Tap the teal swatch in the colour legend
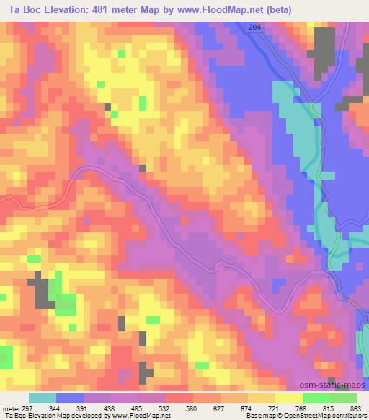(x=42, y=398)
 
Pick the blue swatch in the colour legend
(x=69, y=398)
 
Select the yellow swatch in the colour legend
(x=289, y=398)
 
